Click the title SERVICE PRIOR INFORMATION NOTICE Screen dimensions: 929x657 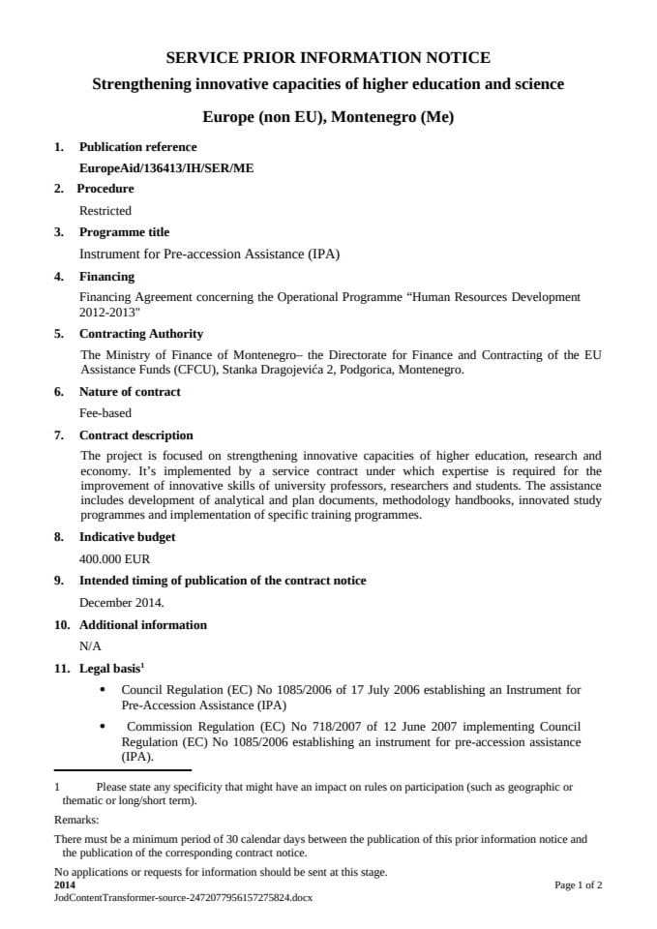[328, 58]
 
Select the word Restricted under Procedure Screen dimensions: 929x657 [105, 210]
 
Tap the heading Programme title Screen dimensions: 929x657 [124, 232]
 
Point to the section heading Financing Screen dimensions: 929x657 [106, 277]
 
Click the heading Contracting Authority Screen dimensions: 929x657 [141, 334]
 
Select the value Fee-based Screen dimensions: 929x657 [105, 413]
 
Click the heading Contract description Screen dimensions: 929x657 [136, 435]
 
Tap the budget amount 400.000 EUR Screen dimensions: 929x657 [115, 558]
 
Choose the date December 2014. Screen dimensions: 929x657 [122, 602]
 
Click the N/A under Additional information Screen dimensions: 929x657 [91, 645]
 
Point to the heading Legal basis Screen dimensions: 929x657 [109, 668]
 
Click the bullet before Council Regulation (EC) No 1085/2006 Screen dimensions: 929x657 [104, 690]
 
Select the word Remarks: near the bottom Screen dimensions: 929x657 [77, 819]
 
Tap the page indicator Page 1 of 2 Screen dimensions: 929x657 [578, 884]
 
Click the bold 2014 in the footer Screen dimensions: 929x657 [65, 884]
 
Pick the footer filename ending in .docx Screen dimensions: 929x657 [183, 897]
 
